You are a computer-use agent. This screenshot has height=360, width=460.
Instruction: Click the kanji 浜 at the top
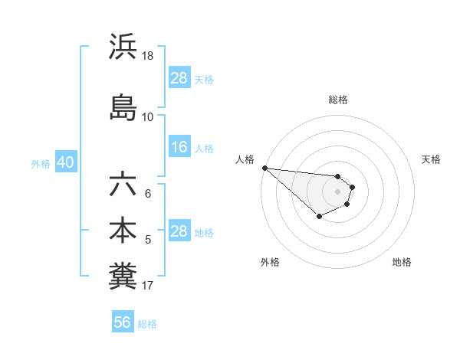click(x=123, y=47)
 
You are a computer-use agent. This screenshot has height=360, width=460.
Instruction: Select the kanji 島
click(x=123, y=107)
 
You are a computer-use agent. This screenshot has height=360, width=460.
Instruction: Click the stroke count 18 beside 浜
click(x=148, y=56)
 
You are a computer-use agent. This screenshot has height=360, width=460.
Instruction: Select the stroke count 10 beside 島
click(x=148, y=116)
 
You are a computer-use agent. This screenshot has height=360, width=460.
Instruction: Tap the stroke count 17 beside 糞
click(x=148, y=286)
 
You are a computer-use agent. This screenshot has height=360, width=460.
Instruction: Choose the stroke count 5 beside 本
click(x=148, y=240)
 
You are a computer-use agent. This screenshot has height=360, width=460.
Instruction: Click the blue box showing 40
click(x=65, y=163)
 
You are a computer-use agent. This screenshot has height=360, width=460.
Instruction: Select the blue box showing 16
click(x=179, y=148)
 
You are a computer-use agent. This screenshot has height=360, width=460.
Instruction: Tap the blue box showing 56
click(x=123, y=322)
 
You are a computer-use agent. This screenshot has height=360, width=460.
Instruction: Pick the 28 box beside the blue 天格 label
click(x=179, y=78)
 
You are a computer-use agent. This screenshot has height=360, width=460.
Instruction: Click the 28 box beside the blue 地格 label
click(x=179, y=232)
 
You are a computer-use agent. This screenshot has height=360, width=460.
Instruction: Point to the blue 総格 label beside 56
click(x=147, y=324)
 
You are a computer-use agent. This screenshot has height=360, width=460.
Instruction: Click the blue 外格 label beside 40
click(x=41, y=164)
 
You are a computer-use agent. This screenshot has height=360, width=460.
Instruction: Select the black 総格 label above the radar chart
click(x=338, y=100)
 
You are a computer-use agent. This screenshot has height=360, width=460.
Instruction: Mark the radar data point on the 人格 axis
click(x=264, y=168)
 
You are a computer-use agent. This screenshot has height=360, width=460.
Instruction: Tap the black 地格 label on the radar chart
click(x=402, y=262)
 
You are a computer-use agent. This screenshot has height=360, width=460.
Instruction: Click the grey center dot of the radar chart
click(x=337, y=191)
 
